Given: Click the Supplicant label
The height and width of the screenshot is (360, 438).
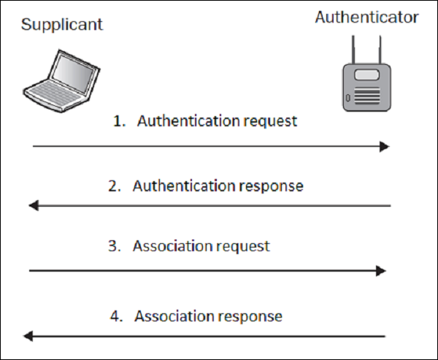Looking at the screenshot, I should tap(62, 24).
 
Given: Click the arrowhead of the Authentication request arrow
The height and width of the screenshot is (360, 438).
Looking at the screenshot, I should tap(385, 147).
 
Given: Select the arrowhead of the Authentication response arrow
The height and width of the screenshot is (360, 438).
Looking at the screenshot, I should tap(34, 207).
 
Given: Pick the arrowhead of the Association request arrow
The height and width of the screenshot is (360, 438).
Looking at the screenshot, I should tap(380, 271).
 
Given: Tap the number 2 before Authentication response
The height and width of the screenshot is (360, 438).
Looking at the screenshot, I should tap(113, 186).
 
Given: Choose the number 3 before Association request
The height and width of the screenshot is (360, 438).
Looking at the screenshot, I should tap(113, 246).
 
